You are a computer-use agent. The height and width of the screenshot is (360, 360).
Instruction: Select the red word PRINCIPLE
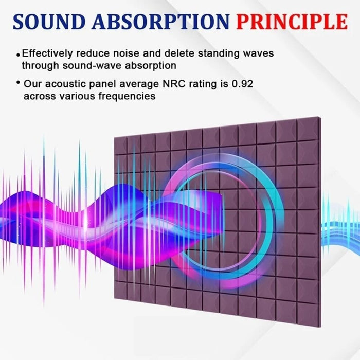tap(292, 22)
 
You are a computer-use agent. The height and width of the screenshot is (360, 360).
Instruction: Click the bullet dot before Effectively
tap(19, 54)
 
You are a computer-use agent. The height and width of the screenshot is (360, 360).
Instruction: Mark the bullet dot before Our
tap(19, 83)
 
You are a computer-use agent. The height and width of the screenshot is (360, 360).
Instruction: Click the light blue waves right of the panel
tap(339, 226)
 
